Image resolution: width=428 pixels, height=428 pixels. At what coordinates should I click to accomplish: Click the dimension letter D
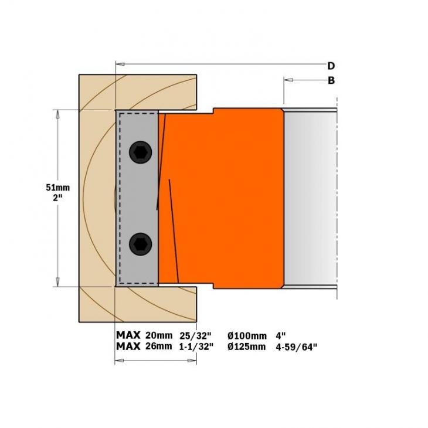331,66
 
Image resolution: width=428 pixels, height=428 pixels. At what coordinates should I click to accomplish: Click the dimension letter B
331,80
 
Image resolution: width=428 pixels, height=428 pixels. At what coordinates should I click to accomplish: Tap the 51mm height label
57,188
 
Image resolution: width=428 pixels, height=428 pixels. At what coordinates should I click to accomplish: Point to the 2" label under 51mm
57,198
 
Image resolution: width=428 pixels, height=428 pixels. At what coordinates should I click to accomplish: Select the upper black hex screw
141,152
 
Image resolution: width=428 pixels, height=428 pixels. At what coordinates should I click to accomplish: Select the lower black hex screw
141,244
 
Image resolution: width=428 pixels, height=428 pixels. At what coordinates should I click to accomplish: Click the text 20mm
158,335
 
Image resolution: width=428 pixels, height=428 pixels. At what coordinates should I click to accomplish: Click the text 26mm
158,347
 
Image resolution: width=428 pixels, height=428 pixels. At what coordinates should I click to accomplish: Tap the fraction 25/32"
195,335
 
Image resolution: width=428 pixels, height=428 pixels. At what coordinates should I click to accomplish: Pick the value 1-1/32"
196,347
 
